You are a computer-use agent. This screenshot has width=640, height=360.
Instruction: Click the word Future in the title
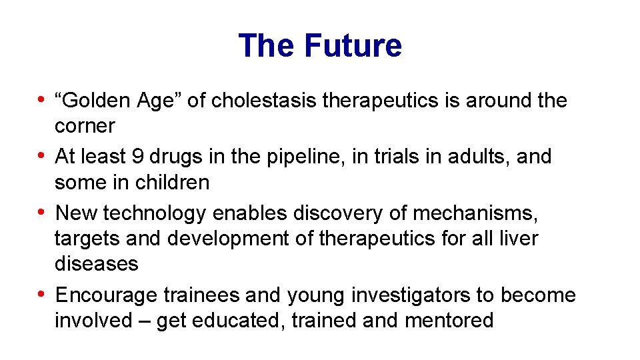353,46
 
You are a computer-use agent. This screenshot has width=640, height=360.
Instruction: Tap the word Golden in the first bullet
94,101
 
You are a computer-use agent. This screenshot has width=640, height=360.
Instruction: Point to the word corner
85,126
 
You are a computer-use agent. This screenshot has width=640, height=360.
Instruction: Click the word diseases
97,264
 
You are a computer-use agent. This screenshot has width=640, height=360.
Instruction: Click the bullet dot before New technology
41,213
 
